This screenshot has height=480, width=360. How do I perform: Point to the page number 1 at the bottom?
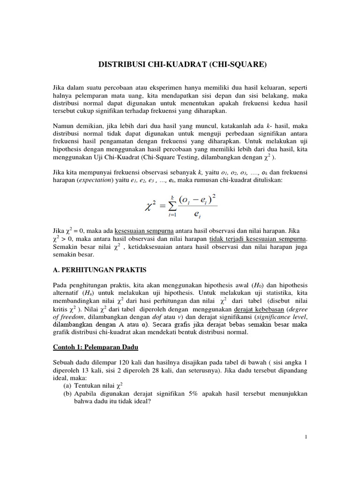pyautogui.click(x=306, y=437)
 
